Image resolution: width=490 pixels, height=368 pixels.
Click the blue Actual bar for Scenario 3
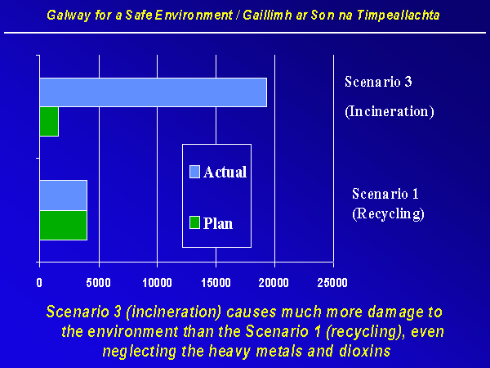(154, 92)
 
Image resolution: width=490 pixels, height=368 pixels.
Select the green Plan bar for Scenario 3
(49, 121)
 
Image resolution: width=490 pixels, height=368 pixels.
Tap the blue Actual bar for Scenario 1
(64, 195)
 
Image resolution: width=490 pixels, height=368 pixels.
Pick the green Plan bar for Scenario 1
(64, 226)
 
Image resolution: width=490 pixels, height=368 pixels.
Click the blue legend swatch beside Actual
(194, 172)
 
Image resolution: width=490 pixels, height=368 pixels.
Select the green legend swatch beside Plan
(194, 222)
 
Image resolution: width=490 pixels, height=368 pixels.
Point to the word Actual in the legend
(225, 172)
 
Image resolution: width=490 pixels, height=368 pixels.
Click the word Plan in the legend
(218, 223)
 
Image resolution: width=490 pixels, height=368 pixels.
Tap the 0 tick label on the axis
(39, 283)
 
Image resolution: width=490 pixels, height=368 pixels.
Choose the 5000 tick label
(99, 283)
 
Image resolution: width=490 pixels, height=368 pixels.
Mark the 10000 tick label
(157, 283)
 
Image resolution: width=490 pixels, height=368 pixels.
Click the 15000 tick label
(216, 283)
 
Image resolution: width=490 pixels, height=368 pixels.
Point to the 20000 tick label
(274, 283)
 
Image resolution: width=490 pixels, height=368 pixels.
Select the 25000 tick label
(332, 283)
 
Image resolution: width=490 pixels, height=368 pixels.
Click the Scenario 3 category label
(378, 82)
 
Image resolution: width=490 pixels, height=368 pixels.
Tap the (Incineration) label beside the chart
(390, 112)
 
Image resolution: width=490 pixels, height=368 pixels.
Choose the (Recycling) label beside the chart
(388, 214)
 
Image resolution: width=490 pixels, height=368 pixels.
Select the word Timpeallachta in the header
(399, 16)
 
